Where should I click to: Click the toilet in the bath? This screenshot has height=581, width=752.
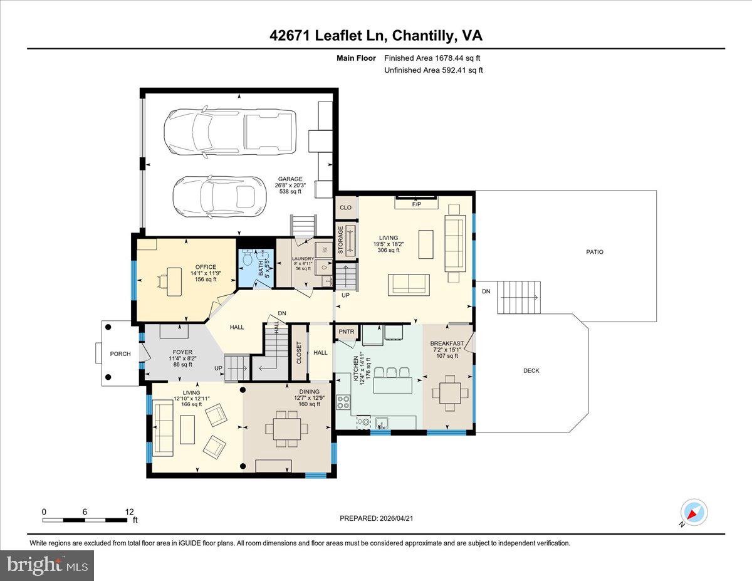248,258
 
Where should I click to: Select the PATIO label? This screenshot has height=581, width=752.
594,252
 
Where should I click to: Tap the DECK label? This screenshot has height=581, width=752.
531,370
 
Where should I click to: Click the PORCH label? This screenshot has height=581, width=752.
120,354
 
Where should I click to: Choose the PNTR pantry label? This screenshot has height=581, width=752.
346,332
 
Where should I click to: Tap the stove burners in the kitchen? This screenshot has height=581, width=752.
343,402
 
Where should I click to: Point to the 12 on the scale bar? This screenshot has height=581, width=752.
129,512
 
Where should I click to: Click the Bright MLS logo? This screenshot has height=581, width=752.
47,565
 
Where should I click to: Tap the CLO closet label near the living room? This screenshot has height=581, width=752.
345,207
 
